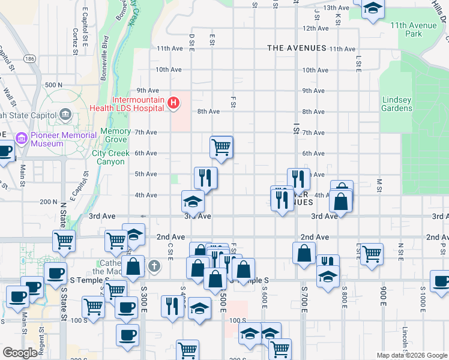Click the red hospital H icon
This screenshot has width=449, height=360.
[173, 103]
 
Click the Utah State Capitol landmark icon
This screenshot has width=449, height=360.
[66, 113]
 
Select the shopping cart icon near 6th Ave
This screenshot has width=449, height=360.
[221, 146]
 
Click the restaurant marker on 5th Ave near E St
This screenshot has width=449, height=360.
[205, 178]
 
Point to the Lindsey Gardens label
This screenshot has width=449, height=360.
[397, 104]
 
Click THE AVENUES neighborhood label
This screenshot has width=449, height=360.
[297, 48]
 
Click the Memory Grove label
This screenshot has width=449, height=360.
[116, 136]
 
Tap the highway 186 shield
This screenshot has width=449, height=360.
[29, 59]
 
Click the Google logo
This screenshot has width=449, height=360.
[20, 353]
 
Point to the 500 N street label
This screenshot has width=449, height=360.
[53, 85]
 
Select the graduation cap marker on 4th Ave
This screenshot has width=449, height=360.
[193, 201]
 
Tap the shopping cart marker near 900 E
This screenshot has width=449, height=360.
[372, 253]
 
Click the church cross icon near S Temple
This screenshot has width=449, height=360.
[154, 266]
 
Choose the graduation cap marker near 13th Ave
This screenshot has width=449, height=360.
[373, 8]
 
